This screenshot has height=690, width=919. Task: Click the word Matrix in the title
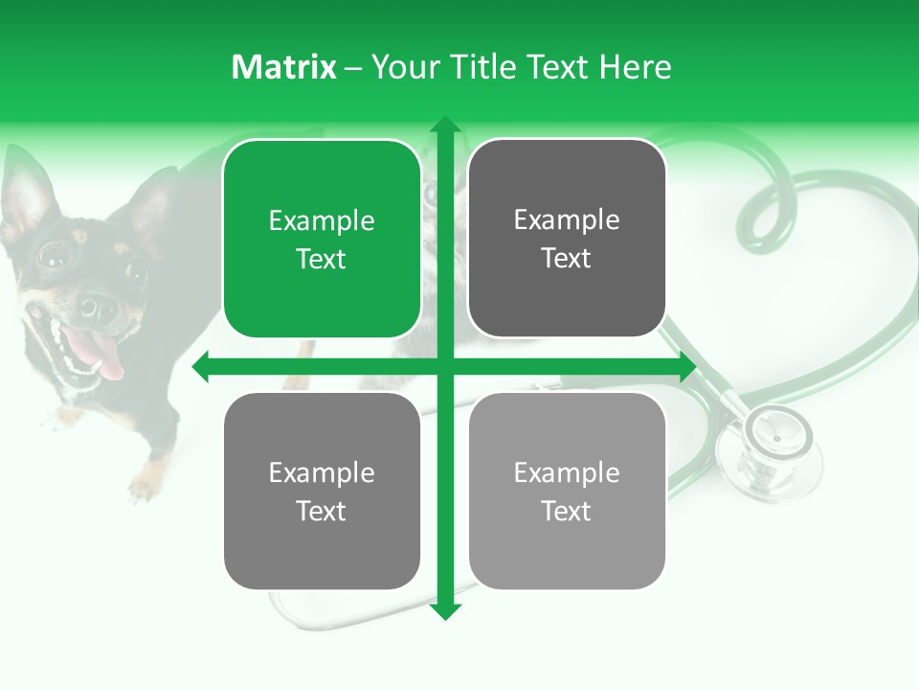(x=284, y=67)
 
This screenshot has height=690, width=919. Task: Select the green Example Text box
(x=322, y=239)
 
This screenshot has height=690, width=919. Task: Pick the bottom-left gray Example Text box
(x=322, y=491)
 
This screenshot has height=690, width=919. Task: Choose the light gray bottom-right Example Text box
(x=567, y=491)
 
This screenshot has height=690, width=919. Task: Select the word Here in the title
(x=635, y=67)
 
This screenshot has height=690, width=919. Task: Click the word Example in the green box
(x=322, y=220)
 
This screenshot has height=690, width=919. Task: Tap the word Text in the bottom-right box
(x=567, y=511)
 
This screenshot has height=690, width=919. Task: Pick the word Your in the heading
(x=405, y=67)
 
